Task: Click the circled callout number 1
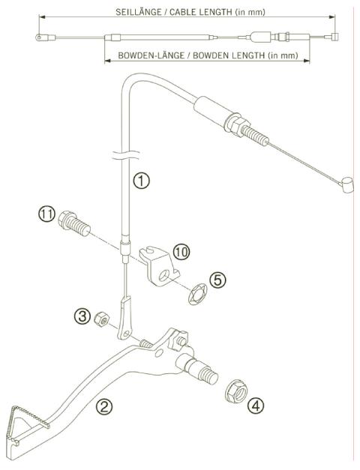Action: (140, 181)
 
